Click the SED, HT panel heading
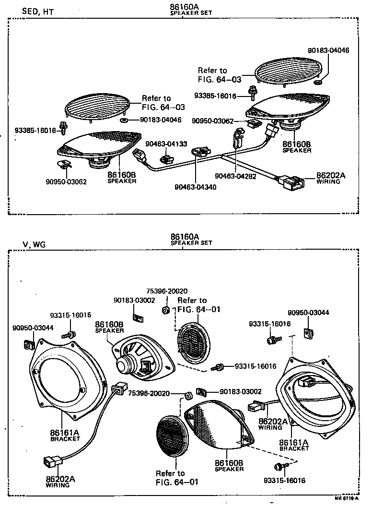38,12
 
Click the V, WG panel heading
34,244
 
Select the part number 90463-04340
195,187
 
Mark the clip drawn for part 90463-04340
200,152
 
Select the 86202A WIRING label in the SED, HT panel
330,178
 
